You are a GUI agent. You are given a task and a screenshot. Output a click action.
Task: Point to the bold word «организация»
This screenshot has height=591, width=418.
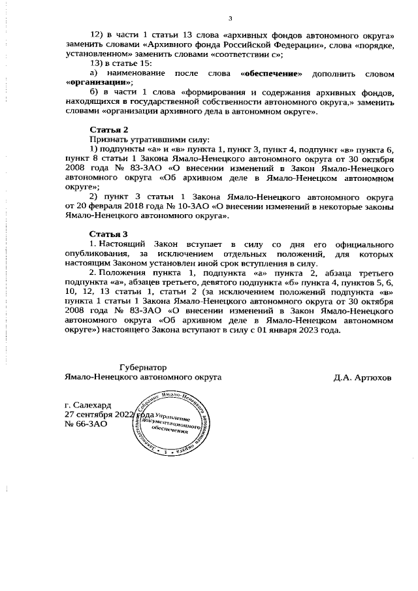[99, 83]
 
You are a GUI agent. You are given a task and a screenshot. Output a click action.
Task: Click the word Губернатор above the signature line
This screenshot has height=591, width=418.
[143, 368]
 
